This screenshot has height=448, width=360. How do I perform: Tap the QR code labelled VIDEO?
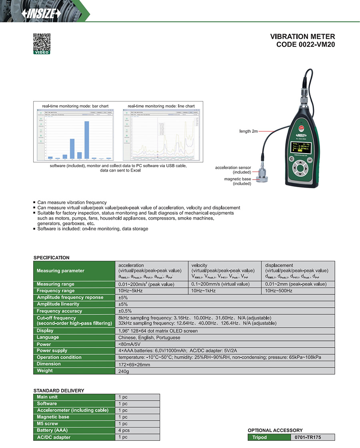[41, 43]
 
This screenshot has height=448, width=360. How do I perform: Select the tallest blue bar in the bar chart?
[86, 140]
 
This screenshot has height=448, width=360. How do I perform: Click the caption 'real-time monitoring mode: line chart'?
[161, 106]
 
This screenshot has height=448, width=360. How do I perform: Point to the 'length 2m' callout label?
[251, 131]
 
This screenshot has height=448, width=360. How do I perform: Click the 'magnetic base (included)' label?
[238, 181]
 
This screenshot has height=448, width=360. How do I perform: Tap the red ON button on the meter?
[302, 128]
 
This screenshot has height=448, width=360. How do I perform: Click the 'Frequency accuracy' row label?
[59, 311]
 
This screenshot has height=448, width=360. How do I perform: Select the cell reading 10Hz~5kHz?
[130, 291]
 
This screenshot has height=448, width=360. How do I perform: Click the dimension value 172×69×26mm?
[134, 364]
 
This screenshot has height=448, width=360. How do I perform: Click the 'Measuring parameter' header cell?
[60, 271]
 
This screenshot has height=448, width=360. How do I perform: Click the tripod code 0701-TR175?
[312, 437]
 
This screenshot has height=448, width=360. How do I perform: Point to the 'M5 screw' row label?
[48, 424]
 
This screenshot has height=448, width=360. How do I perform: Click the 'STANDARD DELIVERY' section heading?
[59, 390]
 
